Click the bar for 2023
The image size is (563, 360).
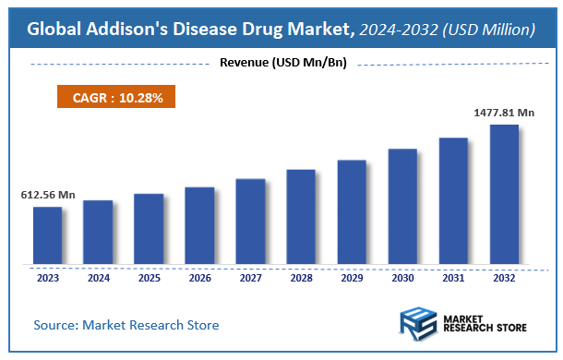tap(48, 235)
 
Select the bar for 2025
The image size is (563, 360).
tap(149, 229)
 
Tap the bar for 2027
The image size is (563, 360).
tap(250, 222)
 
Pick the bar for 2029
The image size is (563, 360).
tap(352, 212)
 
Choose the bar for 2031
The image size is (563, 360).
tap(453, 201)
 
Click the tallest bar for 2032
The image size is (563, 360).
tap(504, 195)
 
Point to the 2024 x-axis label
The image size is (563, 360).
tap(98, 276)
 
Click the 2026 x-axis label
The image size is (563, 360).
tap(199, 276)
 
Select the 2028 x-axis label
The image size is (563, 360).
tap(301, 276)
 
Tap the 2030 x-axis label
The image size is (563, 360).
tap(402, 276)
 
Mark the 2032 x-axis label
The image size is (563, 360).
tap(504, 276)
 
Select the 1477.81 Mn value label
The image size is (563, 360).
tap(505, 112)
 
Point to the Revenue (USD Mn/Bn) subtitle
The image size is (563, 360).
tap(281, 63)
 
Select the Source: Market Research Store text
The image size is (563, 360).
tap(126, 325)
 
